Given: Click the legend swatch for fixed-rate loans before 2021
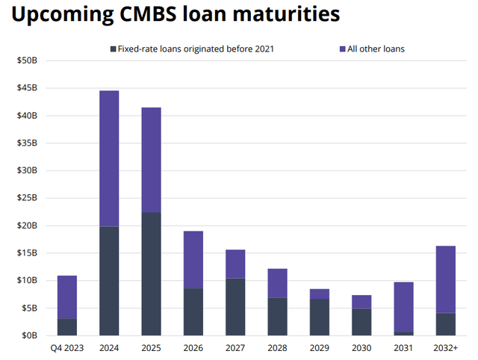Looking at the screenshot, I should tap(111, 49).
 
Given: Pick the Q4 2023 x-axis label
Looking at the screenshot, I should tap(66, 348).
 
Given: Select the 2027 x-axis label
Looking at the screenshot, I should tap(235, 348).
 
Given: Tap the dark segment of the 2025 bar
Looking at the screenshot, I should tap(151, 273).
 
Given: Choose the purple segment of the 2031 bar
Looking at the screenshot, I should tap(404, 306).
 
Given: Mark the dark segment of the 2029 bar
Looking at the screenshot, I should tap(320, 317).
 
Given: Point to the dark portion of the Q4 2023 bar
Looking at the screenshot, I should tap(66, 327).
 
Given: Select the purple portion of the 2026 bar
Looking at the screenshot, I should tap(193, 259).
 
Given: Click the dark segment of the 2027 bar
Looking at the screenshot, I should tap(235, 306).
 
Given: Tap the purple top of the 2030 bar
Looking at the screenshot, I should tap(362, 302).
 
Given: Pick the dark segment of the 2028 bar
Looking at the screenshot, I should tap(278, 316).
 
